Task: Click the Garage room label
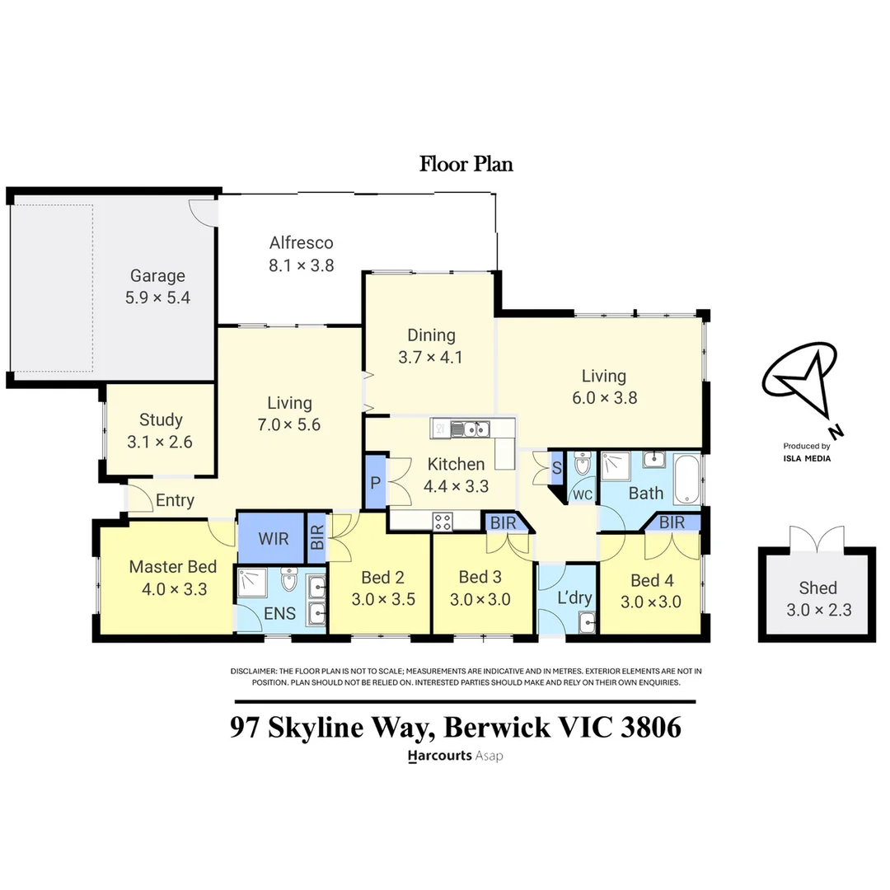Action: pyautogui.click(x=157, y=276)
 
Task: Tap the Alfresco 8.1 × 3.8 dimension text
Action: pyautogui.click(x=301, y=265)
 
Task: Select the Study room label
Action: pyautogui.click(x=160, y=419)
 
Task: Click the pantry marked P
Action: pyautogui.click(x=375, y=482)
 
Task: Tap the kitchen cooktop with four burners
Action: pyautogui.click(x=443, y=521)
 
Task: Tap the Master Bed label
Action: pyautogui.click(x=173, y=567)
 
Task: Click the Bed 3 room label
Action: pyautogui.click(x=480, y=577)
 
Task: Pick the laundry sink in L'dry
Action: pyautogui.click(x=587, y=623)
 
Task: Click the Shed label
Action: pyautogui.click(x=817, y=588)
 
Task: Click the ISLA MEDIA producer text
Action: pyautogui.click(x=807, y=458)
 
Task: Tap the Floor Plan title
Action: pyautogui.click(x=466, y=164)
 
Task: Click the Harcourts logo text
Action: pyautogui.click(x=440, y=755)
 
